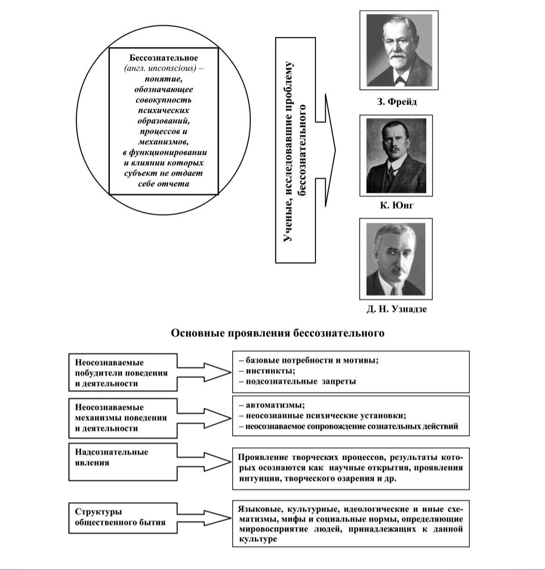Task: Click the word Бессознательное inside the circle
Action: pos(164,58)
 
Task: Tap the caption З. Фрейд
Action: pos(397,101)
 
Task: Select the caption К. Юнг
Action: pos(397,205)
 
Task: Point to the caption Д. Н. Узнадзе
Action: pos(396,309)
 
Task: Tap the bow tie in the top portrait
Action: pos(399,79)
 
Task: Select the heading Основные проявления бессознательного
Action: pos(278,333)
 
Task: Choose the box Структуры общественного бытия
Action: pos(123,517)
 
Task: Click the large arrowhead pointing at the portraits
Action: pos(330,150)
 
